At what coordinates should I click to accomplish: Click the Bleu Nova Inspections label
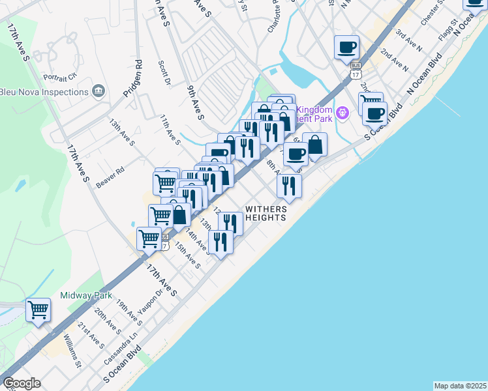44,92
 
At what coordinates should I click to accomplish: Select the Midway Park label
86,295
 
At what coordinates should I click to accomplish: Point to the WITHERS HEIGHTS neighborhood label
266,214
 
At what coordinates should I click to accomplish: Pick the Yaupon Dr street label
150,302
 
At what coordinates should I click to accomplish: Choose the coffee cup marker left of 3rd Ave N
346,47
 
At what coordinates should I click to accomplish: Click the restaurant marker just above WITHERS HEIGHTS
289,186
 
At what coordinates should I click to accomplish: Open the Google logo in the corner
22,383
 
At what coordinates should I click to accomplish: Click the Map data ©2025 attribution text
461,386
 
